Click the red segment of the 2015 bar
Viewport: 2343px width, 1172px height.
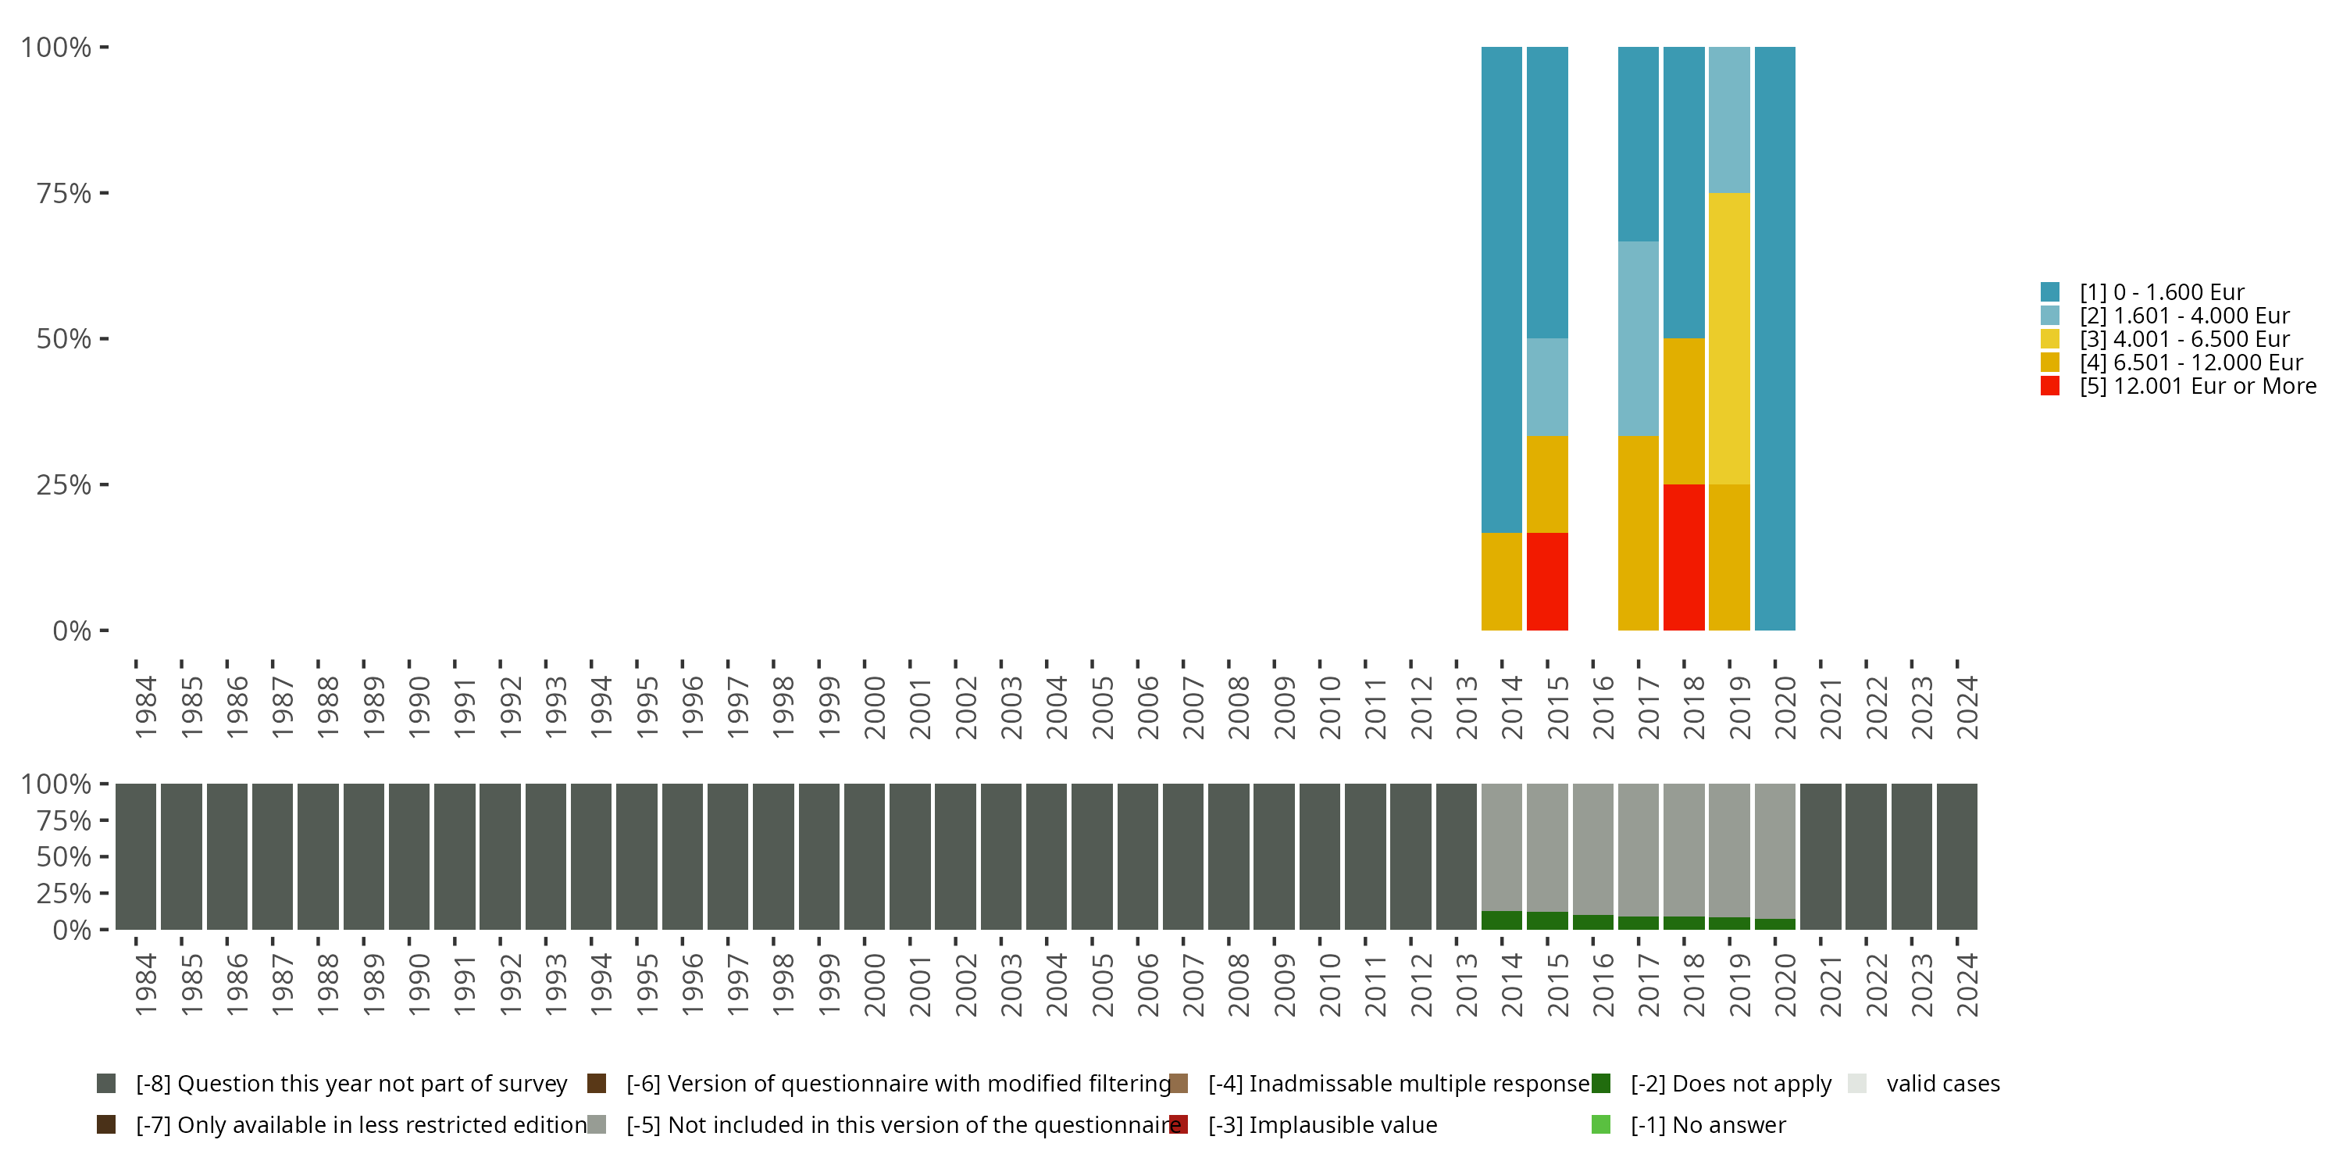(1547, 581)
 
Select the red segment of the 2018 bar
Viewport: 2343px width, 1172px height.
(1684, 557)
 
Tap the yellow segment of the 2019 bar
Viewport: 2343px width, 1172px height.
(1729, 338)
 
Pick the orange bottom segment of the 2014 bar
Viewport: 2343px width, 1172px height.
(1502, 581)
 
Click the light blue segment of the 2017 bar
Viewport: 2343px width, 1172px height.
(1638, 338)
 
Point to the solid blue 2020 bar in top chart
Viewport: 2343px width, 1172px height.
(1774, 338)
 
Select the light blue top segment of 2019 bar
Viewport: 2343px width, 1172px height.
(1729, 120)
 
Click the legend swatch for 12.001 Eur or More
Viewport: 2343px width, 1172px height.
(2050, 386)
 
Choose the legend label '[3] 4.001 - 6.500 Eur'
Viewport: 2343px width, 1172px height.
(2184, 339)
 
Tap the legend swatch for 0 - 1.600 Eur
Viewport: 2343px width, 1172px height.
(2050, 292)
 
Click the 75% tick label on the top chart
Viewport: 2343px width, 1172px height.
(64, 193)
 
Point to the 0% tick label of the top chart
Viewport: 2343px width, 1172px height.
(72, 631)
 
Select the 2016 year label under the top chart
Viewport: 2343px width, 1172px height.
(1603, 707)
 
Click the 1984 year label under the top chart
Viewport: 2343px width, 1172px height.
(145, 707)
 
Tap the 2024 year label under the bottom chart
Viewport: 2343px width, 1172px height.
(1967, 984)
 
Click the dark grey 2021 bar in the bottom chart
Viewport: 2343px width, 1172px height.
(1820, 856)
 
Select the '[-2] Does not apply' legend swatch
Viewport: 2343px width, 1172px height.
(1602, 1084)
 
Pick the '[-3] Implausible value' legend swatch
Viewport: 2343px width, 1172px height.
(1179, 1124)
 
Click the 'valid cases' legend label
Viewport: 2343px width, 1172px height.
(1943, 1084)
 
